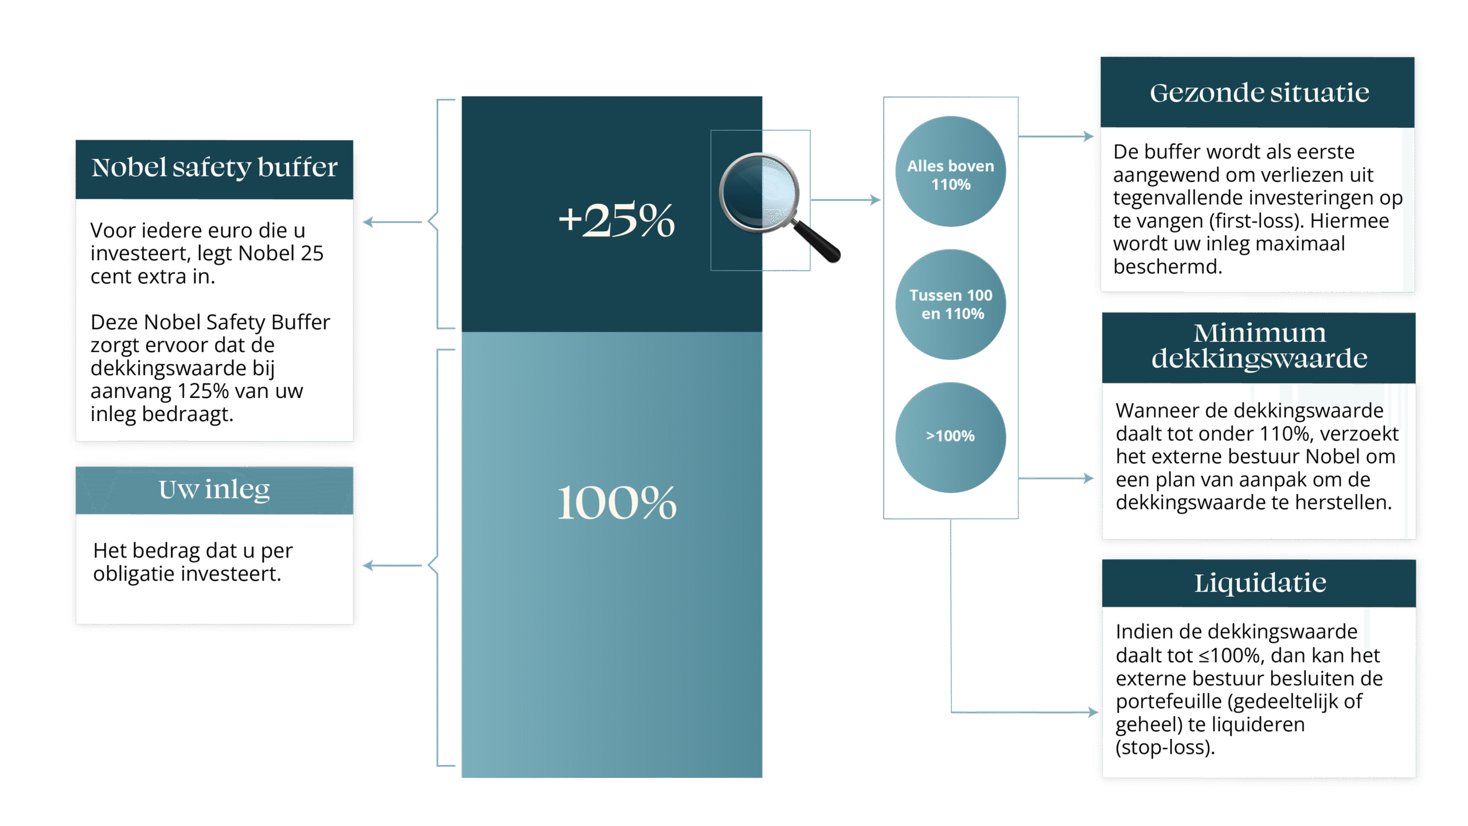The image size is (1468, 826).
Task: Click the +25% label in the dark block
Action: coord(616,220)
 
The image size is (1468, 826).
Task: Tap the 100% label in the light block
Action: coord(616,502)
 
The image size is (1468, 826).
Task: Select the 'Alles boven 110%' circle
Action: coord(950,172)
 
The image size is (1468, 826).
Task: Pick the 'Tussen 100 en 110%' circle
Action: coord(950,305)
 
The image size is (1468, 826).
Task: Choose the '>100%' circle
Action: coord(950,437)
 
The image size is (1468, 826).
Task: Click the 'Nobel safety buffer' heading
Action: coord(214,168)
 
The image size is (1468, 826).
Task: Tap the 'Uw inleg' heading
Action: coord(214,490)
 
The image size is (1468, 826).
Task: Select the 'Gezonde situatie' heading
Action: coord(1259,93)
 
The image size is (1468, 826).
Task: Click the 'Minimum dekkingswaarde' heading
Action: coord(1259,346)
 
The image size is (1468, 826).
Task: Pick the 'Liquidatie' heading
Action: coord(1260,583)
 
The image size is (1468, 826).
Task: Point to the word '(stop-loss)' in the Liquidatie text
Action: coord(1164,748)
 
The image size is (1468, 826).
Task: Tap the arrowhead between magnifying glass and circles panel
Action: coord(875,200)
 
